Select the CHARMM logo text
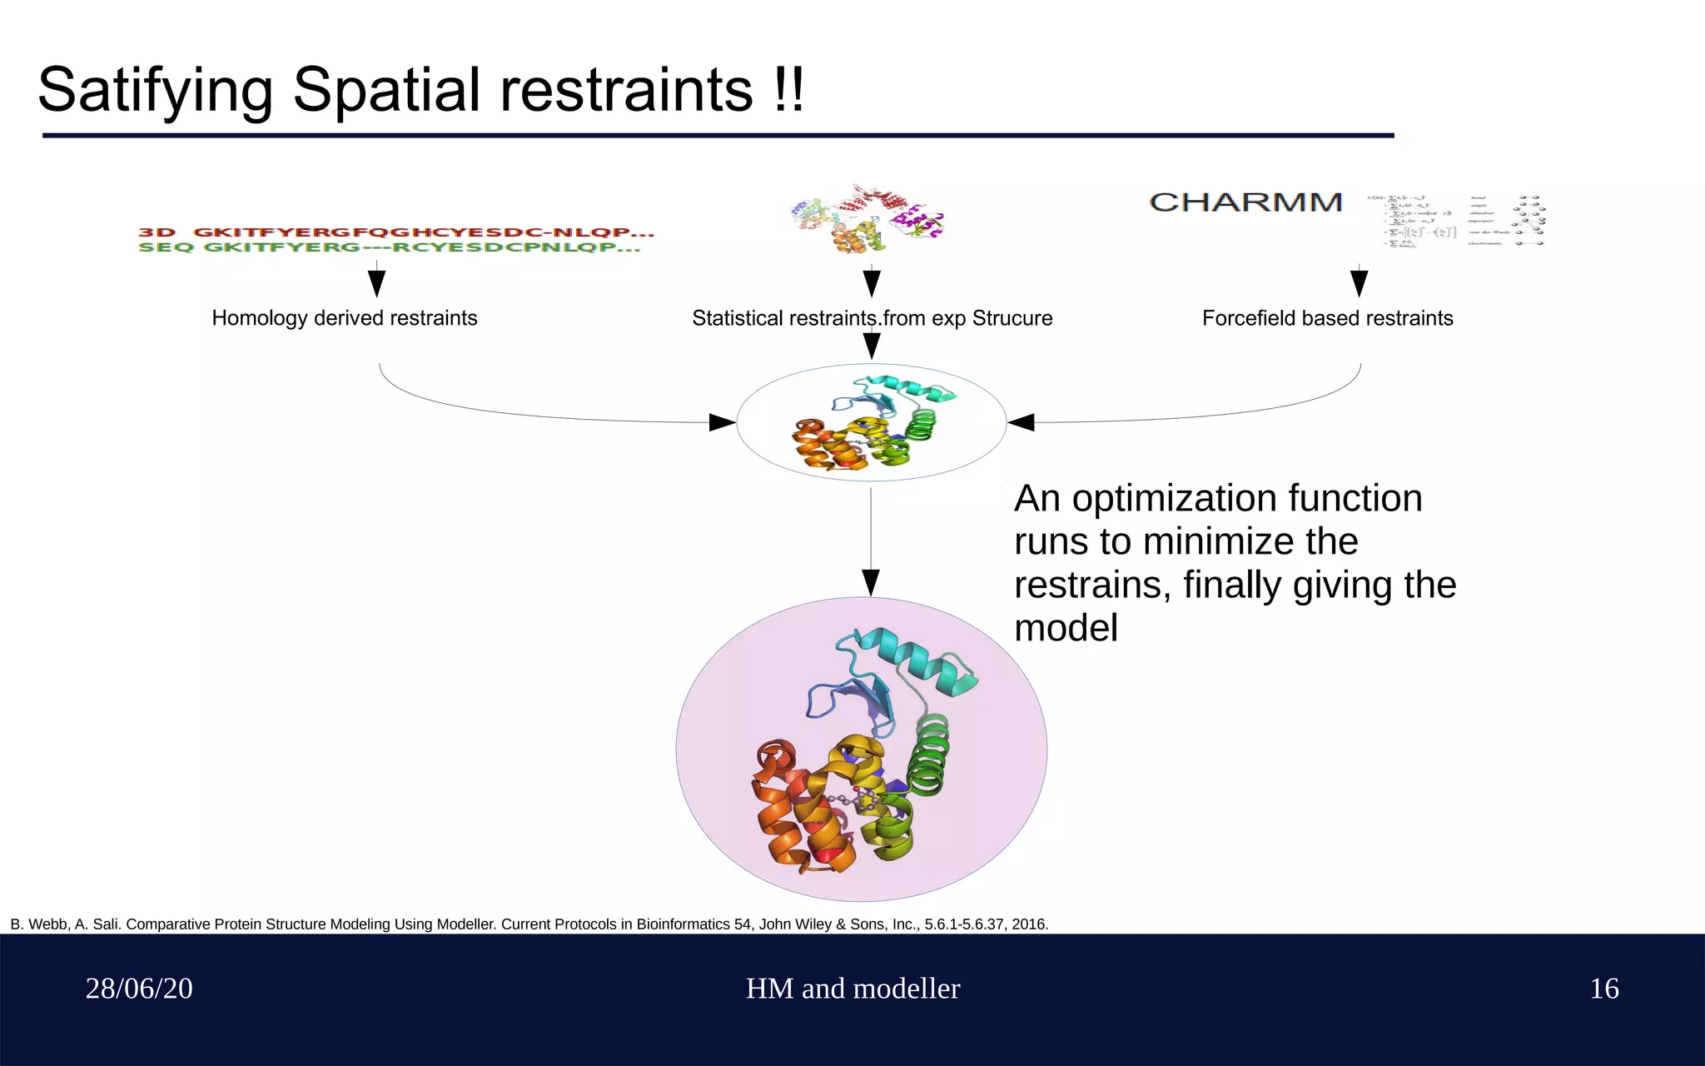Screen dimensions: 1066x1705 coord(1245,202)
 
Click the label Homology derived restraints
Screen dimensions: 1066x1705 coord(344,318)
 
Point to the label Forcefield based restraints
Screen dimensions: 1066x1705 coord(1327,318)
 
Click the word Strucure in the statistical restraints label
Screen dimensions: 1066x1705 coord(1012,318)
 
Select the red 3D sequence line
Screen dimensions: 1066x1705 coord(396,232)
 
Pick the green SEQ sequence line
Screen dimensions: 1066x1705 coord(389,247)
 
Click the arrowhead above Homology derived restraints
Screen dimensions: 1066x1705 coord(376,283)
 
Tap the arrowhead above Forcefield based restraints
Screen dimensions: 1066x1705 coord(1359,283)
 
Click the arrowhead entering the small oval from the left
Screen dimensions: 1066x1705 coord(722,422)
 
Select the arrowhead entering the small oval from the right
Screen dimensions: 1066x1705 coord(1021,422)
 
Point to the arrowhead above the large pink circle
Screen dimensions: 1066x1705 coord(871,582)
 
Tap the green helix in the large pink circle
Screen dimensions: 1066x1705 coord(928,754)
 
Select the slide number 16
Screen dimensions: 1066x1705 coord(1603,989)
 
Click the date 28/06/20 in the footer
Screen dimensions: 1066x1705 coord(139,989)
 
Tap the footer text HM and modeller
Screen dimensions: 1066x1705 coord(852,989)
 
